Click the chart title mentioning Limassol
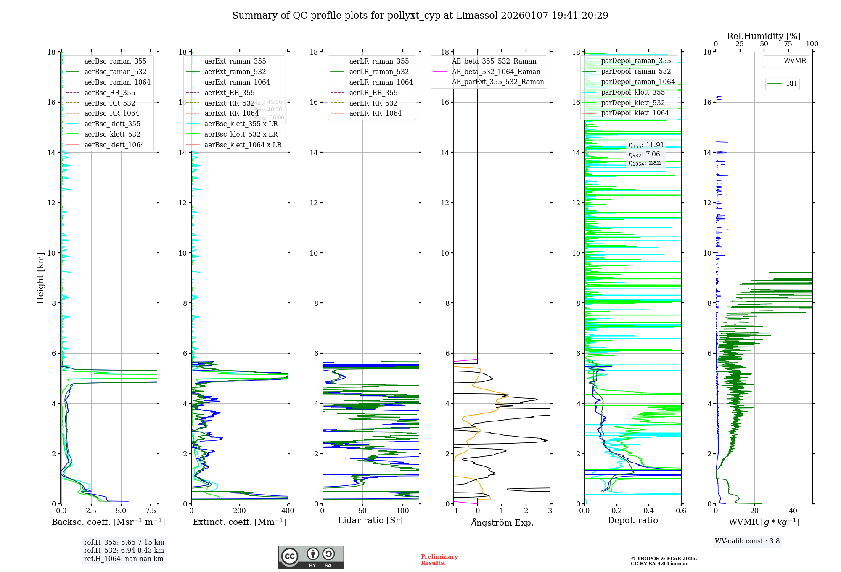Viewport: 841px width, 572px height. click(420, 16)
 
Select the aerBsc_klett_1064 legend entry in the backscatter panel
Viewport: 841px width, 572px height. click(114, 145)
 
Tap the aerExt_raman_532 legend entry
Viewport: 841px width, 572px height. click(235, 71)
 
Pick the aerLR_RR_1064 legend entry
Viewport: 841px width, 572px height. click(375, 113)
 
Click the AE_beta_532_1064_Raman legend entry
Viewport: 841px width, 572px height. click(496, 71)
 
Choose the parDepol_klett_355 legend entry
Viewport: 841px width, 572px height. click(633, 92)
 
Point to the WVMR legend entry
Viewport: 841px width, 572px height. click(795, 61)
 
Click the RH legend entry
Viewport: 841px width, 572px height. click(791, 84)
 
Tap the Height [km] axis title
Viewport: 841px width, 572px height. click(40, 278)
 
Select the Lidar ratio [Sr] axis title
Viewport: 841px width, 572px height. click(370, 520)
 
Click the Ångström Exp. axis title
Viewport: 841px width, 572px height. click(502, 522)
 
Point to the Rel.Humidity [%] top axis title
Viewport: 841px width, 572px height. click(764, 36)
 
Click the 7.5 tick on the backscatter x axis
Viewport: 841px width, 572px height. click(151, 511)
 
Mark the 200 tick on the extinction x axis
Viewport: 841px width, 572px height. click(240, 511)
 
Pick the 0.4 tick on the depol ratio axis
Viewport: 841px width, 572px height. click(649, 511)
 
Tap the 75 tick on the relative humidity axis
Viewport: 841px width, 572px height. click(788, 44)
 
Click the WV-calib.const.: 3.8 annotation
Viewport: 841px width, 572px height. click(747, 541)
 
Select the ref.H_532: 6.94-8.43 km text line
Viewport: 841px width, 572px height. click(124, 550)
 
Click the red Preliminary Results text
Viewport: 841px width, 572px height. click(439, 559)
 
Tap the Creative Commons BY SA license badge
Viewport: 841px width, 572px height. click(311, 557)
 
